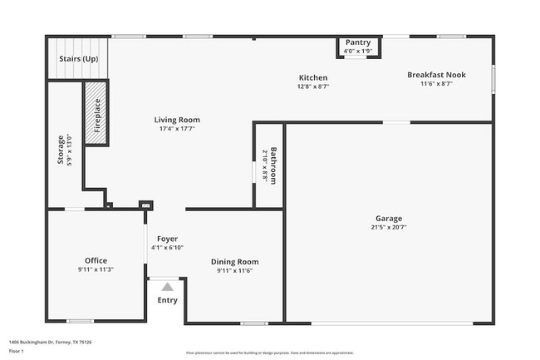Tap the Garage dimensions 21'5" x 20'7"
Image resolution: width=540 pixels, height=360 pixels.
pos(389,227)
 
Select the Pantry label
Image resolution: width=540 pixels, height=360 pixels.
pos(357,42)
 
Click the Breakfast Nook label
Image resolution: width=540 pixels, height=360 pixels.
pos(436,75)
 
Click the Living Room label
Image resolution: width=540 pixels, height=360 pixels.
pos(177,120)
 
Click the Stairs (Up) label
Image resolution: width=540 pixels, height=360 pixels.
pos(78,59)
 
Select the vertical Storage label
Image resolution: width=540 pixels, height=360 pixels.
pos(60,150)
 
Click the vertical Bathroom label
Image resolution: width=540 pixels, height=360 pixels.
pos(272,165)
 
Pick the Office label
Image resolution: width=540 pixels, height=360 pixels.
pos(96,260)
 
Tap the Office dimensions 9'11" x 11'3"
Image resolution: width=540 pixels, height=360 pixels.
pos(96,269)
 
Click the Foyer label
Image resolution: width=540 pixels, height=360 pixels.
pos(167,239)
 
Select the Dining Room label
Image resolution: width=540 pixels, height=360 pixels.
pos(234,261)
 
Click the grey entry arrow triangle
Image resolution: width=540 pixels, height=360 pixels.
pos(167,287)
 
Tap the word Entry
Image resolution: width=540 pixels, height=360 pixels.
pos(167,300)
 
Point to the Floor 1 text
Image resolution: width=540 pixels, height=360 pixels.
pos(17,351)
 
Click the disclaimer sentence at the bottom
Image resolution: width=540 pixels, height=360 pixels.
pos(269,353)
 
